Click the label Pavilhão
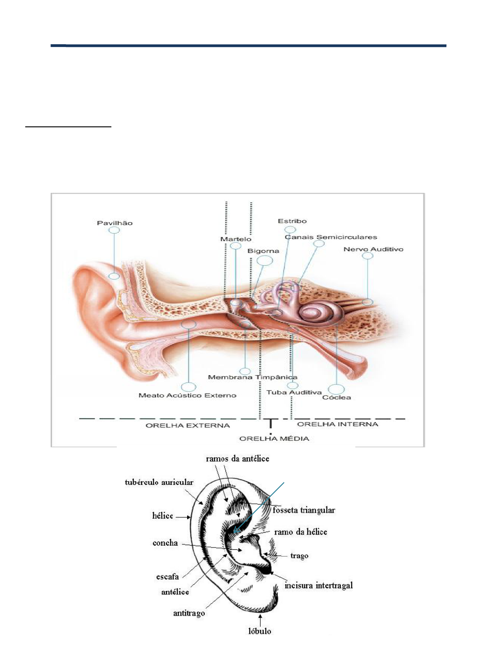(x=115, y=223)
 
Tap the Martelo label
(x=236, y=239)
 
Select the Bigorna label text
(x=263, y=251)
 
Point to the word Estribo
(x=292, y=221)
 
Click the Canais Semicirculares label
(x=331, y=237)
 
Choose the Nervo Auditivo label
(x=373, y=249)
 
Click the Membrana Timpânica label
(x=253, y=377)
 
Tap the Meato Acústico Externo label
(x=188, y=395)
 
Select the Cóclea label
(x=336, y=398)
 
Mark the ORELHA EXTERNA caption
(x=188, y=426)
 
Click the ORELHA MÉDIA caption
(x=274, y=439)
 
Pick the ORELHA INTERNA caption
(x=338, y=424)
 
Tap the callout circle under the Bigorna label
(x=265, y=260)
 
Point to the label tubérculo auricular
(x=159, y=483)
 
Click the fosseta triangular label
(x=303, y=511)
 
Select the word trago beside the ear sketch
(x=299, y=556)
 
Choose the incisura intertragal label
(x=318, y=586)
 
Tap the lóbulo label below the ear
(x=260, y=631)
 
